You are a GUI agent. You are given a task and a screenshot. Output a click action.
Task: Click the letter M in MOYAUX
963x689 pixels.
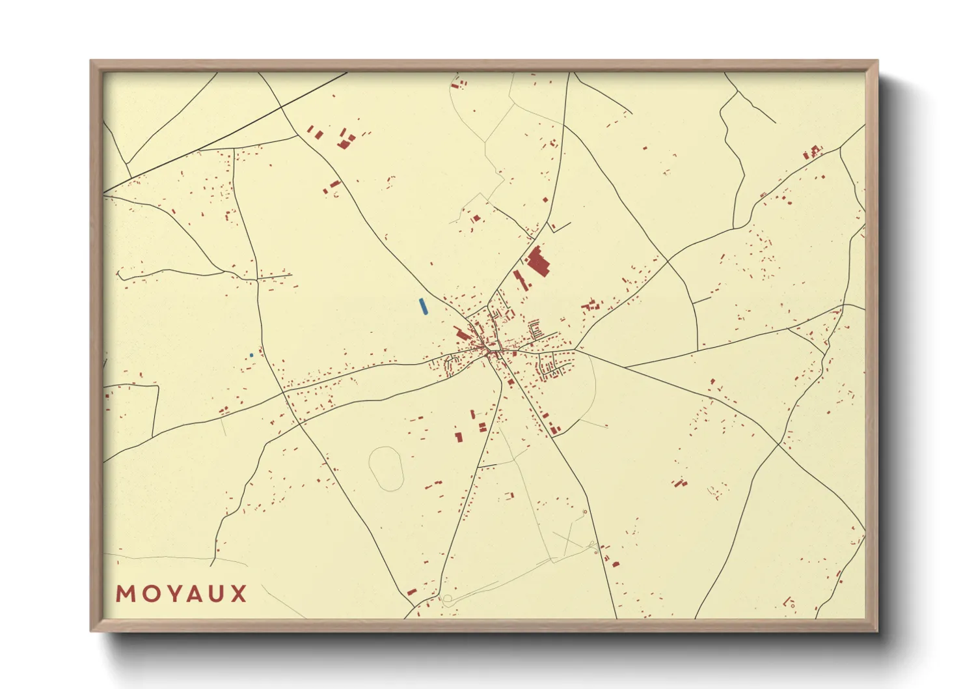pos(124,594)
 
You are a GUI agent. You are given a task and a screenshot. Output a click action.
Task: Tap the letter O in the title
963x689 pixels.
pos(148,594)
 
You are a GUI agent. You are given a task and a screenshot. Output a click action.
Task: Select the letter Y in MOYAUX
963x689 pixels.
pos(171,594)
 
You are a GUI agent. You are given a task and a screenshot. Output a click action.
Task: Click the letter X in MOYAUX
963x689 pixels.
pos(239,594)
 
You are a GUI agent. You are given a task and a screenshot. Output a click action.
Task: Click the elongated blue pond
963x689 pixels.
pos(424,306)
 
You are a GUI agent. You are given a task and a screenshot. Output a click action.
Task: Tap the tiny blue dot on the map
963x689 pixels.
pos(251,355)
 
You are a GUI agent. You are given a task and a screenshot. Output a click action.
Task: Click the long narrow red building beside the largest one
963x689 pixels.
pos(519,281)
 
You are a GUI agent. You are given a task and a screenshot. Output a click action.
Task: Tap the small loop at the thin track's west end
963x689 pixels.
pos(447,598)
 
